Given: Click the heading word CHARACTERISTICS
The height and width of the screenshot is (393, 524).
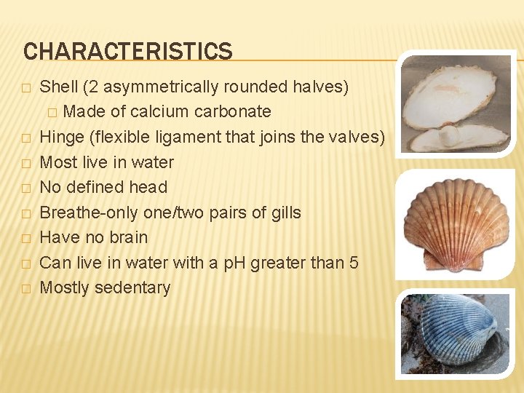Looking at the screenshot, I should coord(128,52).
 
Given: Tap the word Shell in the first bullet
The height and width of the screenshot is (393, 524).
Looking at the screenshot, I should coord(58,87).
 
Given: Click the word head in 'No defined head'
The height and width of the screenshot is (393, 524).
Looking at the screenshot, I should coord(148,187).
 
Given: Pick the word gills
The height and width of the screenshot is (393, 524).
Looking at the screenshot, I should coord(285,213).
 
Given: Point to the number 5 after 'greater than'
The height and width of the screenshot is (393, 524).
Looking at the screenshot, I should coord(354,263).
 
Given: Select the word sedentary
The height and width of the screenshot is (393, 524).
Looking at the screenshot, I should coord(136,287).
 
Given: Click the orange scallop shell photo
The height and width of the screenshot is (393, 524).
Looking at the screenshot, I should coord(456,224).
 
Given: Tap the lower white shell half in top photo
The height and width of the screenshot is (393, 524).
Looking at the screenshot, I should coord(458,137).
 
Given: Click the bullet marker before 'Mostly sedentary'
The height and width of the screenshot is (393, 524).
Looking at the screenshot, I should coord(26,288).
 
